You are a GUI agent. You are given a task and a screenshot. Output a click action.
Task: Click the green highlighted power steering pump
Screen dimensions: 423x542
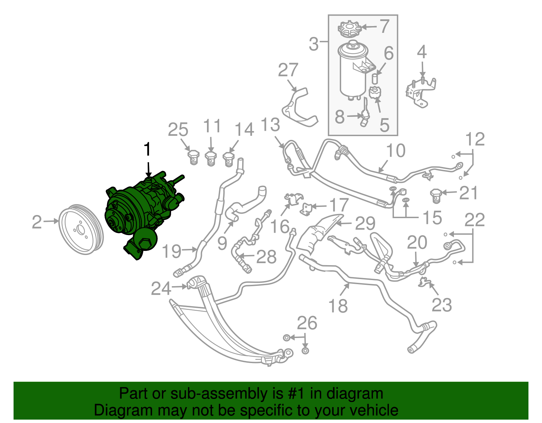point(142,213)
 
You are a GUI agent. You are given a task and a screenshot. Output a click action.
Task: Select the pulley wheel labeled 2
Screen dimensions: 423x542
point(81,230)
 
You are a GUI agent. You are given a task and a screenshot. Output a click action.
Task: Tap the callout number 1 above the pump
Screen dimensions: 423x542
point(147,149)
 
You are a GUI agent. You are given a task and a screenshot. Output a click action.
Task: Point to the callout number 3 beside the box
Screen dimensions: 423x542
point(314,44)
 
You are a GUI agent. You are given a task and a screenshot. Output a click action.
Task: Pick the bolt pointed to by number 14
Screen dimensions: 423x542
point(229,160)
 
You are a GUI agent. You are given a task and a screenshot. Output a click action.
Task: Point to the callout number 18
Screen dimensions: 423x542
point(338,305)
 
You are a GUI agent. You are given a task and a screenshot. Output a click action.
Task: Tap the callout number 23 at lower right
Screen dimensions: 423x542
point(442,304)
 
